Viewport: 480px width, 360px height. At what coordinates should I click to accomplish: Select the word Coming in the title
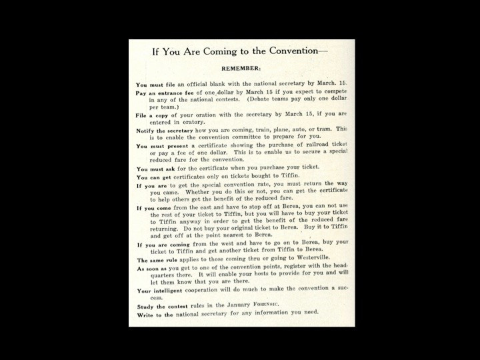coord(213,51)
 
